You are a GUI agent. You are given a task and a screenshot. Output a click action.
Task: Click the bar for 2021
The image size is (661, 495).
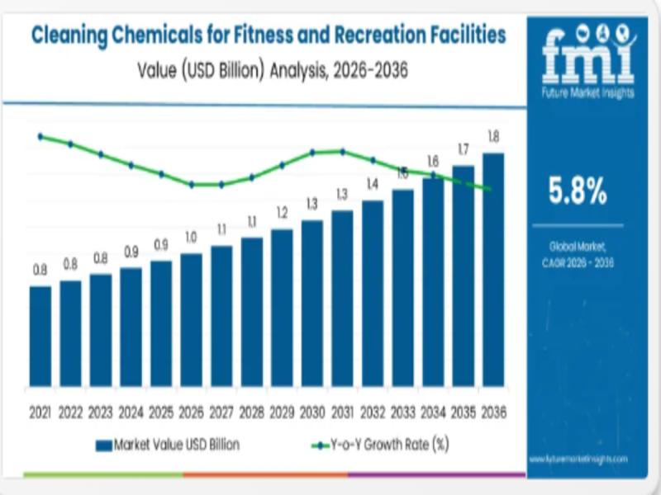click(x=40, y=336)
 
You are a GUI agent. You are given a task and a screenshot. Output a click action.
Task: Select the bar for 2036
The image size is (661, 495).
click(x=493, y=269)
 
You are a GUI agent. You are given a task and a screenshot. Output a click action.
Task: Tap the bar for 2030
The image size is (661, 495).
click(x=311, y=303)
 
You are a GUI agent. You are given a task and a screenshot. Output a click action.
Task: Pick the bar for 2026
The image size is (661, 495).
click(x=191, y=319)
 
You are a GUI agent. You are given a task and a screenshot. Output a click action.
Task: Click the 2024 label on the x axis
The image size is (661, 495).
click(x=131, y=411)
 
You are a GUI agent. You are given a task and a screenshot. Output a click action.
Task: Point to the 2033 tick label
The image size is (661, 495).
click(x=402, y=411)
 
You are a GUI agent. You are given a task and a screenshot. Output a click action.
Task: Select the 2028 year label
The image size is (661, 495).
click(x=251, y=411)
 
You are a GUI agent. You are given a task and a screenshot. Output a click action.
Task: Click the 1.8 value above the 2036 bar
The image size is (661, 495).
click(x=493, y=136)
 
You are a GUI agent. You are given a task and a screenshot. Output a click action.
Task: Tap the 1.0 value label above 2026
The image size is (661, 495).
click(x=191, y=238)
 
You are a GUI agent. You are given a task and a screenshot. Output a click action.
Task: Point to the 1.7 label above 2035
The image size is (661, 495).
click(x=463, y=149)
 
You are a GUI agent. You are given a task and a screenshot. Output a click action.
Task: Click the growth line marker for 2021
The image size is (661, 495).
click(x=40, y=136)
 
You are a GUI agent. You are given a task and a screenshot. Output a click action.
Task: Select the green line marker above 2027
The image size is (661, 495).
click(x=221, y=185)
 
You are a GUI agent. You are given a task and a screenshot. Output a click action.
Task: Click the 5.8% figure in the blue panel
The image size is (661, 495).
click(x=578, y=191)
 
